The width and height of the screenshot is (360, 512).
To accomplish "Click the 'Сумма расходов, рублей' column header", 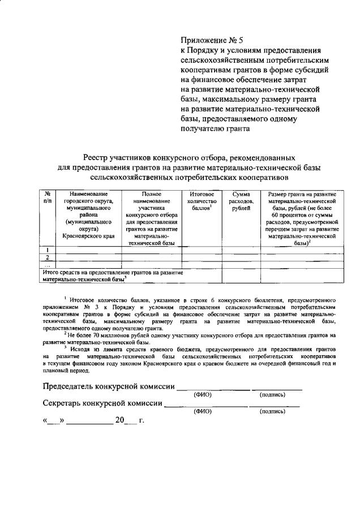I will (241, 201).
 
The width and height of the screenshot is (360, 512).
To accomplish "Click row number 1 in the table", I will (48, 250).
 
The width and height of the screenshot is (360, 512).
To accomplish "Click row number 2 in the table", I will (48, 257).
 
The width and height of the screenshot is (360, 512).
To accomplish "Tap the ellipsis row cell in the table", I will (48, 265).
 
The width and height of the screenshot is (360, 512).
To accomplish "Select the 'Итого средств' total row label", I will (113, 276).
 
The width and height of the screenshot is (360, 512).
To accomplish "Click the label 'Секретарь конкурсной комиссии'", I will (102, 404).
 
